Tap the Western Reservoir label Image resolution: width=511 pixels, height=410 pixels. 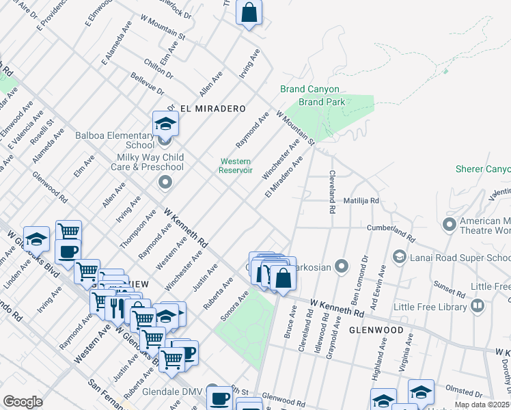pos(236,166)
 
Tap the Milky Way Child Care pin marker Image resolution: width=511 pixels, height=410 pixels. pos(165,182)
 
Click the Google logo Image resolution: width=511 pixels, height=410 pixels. pos(23,402)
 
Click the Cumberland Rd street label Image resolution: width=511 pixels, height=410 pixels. pos(391,232)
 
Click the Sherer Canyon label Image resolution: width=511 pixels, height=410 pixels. pos(482,169)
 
